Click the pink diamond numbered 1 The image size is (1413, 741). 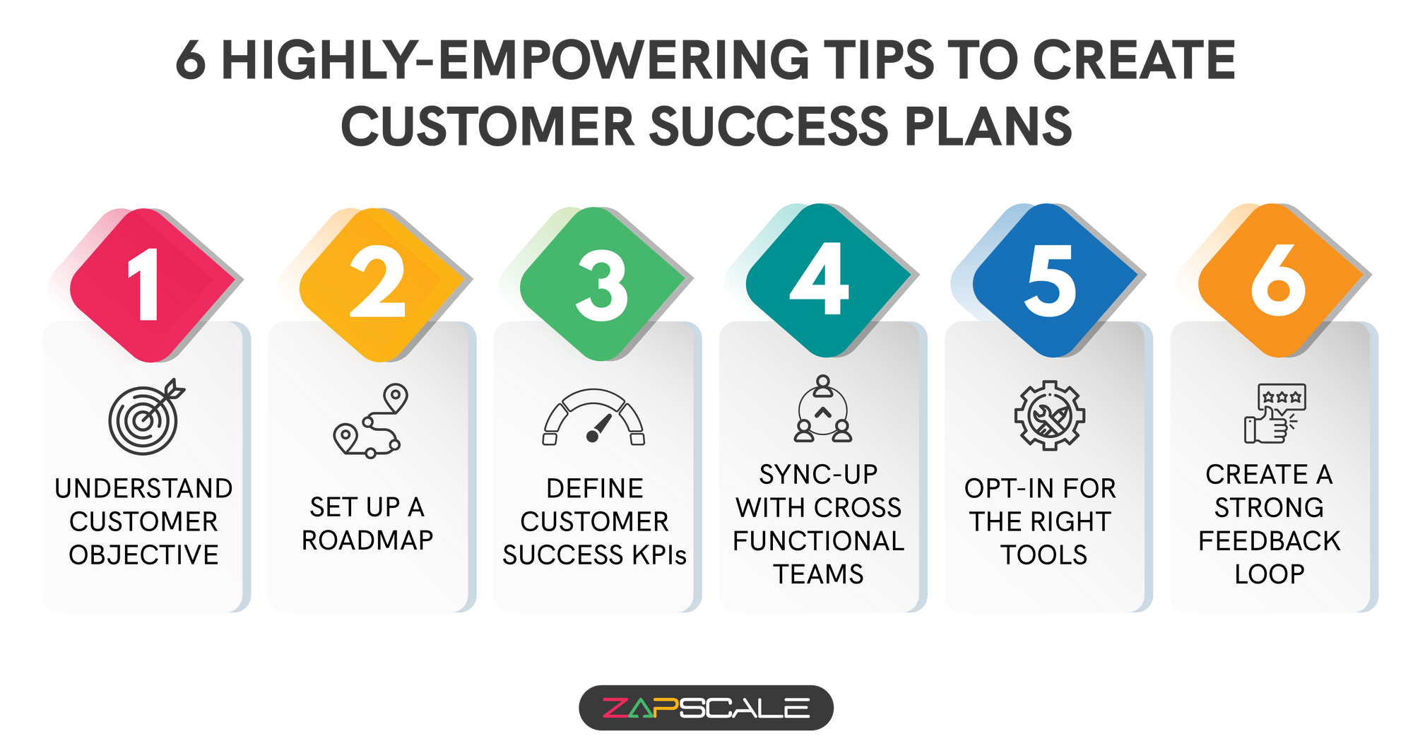coord(153,285)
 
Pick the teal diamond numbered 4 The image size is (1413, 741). coord(828,280)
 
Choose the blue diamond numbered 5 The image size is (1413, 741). coord(1056,280)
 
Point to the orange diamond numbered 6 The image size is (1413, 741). coord(1281,280)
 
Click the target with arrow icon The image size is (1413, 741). coord(146,417)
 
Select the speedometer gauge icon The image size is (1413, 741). coord(593,417)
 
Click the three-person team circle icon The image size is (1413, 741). coord(823,409)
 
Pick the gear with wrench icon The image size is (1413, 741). coord(1050,415)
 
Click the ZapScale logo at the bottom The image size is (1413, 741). coord(706,708)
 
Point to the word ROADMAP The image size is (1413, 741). coord(367,540)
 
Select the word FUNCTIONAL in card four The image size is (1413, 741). coord(819,541)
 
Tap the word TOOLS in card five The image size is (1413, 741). coord(1044,555)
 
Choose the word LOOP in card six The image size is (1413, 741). coord(1270,574)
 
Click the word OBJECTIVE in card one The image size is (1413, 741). coord(144,555)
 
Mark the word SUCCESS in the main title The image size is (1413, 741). coord(769,126)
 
